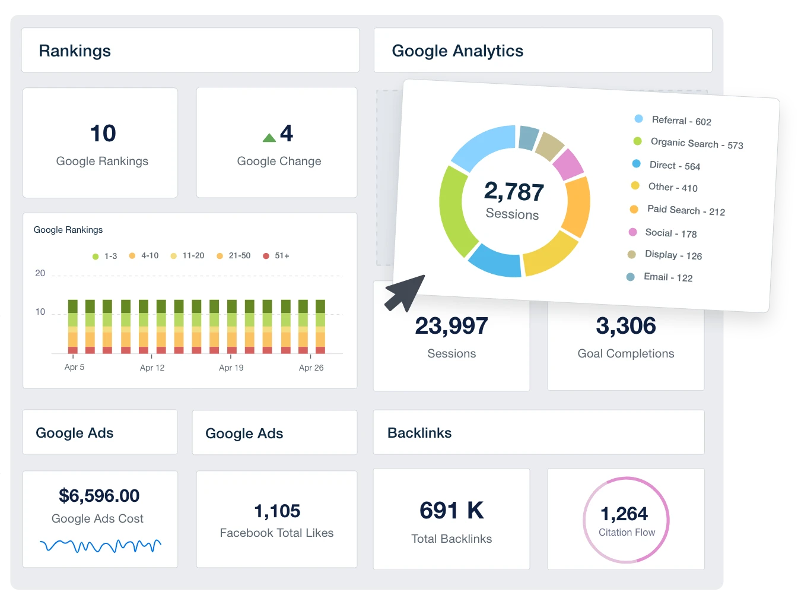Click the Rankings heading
(x=75, y=51)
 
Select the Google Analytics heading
(x=457, y=51)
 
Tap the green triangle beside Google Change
(x=269, y=138)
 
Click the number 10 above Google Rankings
(x=103, y=134)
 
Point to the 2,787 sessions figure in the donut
(x=514, y=192)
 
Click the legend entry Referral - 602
(x=681, y=121)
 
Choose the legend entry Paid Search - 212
(x=685, y=210)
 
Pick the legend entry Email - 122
(x=667, y=277)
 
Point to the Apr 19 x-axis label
(x=231, y=368)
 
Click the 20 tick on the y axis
(x=40, y=273)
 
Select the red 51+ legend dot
(x=266, y=256)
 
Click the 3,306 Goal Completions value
(x=626, y=326)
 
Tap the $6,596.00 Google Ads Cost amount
(x=99, y=496)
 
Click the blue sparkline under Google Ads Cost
(x=100, y=545)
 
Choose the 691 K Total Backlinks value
(x=452, y=511)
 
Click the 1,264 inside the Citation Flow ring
(x=624, y=514)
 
